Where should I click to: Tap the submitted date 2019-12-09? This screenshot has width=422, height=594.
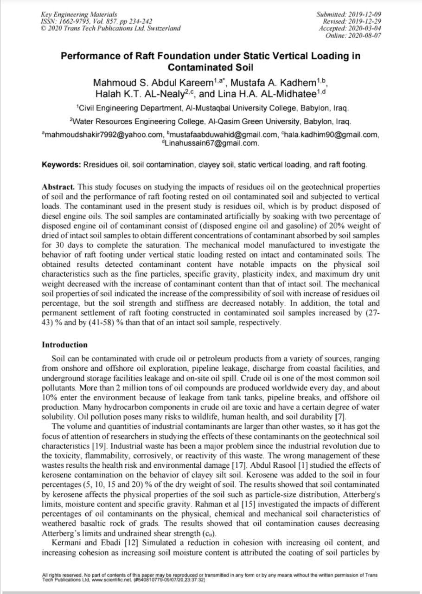pyautogui.click(x=363, y=15)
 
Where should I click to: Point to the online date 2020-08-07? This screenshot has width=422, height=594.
pyautogui.click(x=363, y=35)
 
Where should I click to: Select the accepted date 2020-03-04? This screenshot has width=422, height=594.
pyautogui.click(x=363, y=28)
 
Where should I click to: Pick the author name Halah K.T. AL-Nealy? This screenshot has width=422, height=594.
pyautogui.click(x=137, y=94)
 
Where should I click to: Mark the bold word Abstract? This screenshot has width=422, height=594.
pyautogui.click(x=58, y=187)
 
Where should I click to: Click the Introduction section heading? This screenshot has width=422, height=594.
pyautogui.click(x=64, y=345)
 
